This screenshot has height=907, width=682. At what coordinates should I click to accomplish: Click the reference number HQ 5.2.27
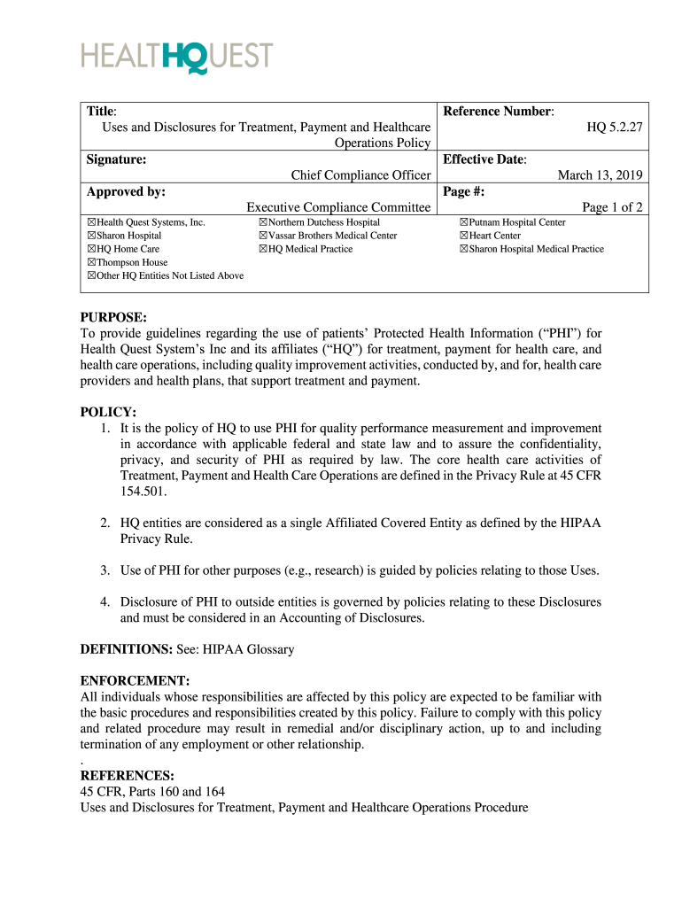tap(615, 128)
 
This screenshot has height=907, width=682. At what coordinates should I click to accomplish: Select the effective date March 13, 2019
tap(600, 175)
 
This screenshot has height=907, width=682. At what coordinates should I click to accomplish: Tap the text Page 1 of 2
tap(612, 207)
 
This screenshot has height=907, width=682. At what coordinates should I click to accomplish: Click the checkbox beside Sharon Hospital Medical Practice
tap(463, 250)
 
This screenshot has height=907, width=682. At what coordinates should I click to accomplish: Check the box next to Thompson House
tap(91, 263)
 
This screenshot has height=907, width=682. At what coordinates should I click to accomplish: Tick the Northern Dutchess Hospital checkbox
tap(263, 222)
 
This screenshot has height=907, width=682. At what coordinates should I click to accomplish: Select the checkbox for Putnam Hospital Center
tap(463, 222)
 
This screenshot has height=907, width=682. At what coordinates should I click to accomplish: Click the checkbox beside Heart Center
tap(463, 236)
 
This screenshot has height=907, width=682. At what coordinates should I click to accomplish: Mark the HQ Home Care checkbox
tap(91, 250)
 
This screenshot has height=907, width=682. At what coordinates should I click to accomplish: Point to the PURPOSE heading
tap(113, 317)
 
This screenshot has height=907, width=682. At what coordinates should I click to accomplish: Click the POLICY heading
tap(108, 413)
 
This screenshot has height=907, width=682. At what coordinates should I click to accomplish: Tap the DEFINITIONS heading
tap(126, 649)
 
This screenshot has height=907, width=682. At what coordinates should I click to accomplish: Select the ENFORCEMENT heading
tap(135, 681)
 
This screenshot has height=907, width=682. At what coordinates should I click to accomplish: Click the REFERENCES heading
tap(127, 776)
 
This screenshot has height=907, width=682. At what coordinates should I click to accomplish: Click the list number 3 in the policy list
tap(105, 570)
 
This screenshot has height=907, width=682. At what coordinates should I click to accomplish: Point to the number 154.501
tap(143, 491)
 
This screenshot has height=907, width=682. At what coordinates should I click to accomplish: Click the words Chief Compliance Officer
tap(360, 175)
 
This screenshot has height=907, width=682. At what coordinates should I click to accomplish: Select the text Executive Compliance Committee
tap(338, 207)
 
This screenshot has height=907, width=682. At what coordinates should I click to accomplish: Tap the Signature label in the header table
tap(116, 159)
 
